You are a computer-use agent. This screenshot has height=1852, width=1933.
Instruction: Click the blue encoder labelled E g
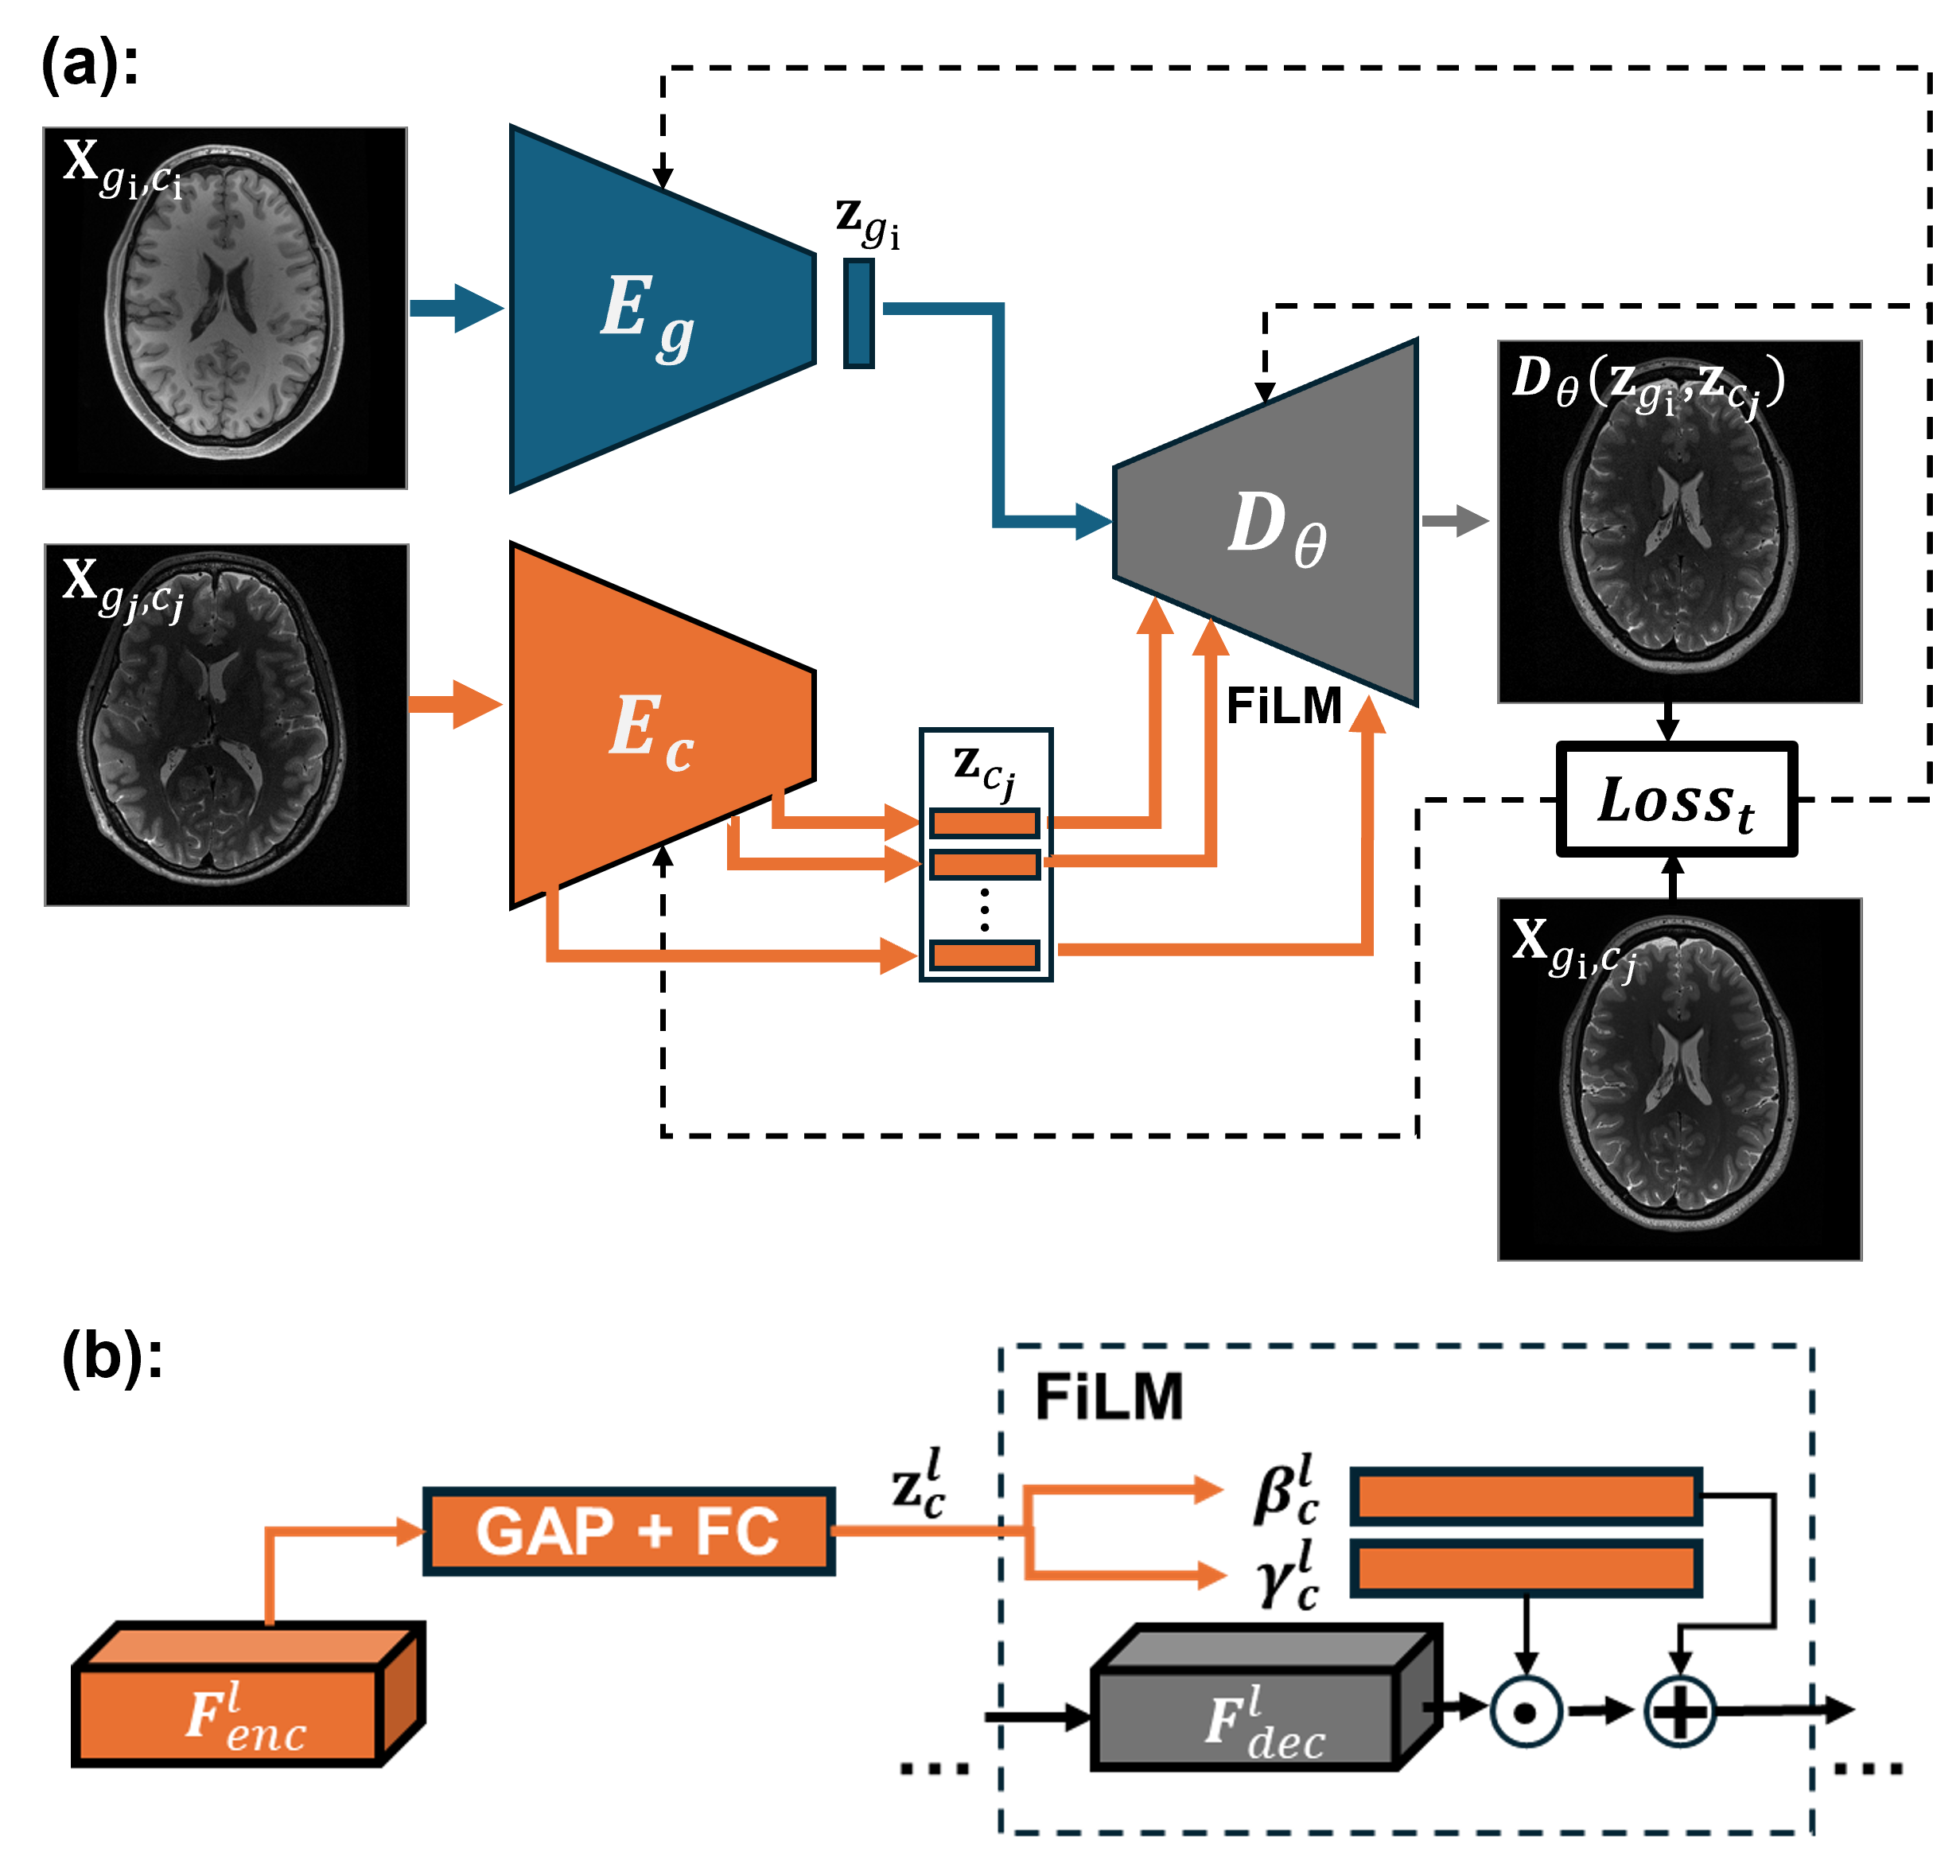[661, 308]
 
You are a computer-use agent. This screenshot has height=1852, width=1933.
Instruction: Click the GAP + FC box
[628, 1531]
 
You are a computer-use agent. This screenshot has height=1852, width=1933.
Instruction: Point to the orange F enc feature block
[231, 1713]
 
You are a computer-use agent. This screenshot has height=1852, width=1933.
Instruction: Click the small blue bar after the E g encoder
[859, 313]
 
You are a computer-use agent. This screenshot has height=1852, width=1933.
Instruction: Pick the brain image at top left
[225, 308]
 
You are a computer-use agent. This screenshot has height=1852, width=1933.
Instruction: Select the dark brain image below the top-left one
[226, 725]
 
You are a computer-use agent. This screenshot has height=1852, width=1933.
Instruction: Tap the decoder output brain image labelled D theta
[1679, 522]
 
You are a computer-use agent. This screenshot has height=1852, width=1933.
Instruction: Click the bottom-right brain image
[1679, 1079]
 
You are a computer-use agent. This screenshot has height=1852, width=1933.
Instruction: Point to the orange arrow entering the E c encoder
[456, 704]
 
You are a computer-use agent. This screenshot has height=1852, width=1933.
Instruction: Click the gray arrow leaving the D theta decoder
[1456, 521]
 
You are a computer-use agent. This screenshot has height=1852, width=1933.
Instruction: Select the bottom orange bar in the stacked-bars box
[984, 955]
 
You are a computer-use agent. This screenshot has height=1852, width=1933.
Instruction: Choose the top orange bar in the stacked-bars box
[984, 823]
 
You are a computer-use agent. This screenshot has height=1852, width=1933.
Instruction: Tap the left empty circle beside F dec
[1526, 1711]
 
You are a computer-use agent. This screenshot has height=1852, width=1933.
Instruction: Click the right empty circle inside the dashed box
[1679, 1711]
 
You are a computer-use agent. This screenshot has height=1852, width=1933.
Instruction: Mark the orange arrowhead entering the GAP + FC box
[410, 1531]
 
